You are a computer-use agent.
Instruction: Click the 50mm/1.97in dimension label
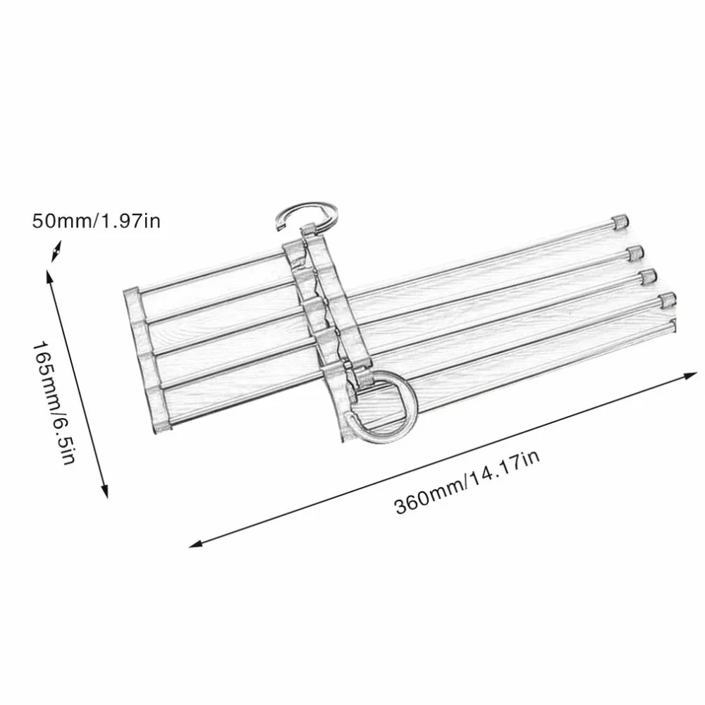tap(96, 221)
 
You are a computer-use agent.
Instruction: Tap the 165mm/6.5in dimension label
tap(54, 403)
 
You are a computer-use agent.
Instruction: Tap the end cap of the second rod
tap(635, 254)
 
